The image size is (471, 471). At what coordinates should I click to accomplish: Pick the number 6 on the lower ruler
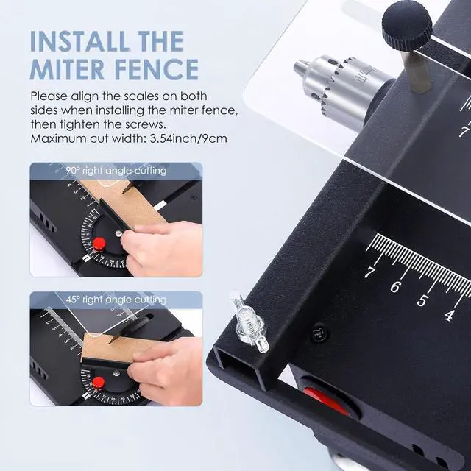click(395, 286)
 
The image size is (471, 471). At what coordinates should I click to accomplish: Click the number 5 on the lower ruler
click(422, 300)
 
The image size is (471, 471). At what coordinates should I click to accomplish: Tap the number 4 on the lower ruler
click(449, 314)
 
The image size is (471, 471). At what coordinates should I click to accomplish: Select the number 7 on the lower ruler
click(369, 273)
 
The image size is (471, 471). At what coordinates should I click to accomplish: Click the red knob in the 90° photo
click(98, 244)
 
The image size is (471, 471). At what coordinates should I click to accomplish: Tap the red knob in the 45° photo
click(97, 381)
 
